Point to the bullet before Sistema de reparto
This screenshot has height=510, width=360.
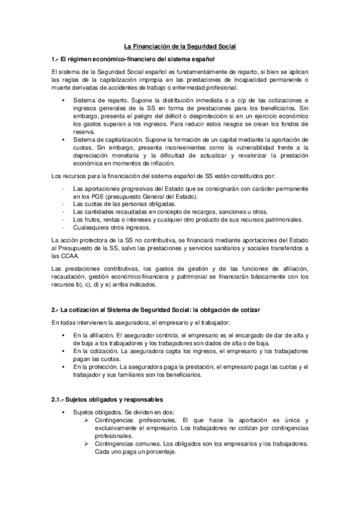[x=62, y=100]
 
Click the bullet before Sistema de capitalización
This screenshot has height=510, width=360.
[x=62, y=139]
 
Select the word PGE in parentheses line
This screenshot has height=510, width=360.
[x=99, y=197]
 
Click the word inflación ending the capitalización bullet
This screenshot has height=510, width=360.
[x=158, y=163]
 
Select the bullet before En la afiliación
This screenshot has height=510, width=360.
[x=62, y=335]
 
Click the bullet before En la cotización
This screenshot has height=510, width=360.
[x=62, y=351]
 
